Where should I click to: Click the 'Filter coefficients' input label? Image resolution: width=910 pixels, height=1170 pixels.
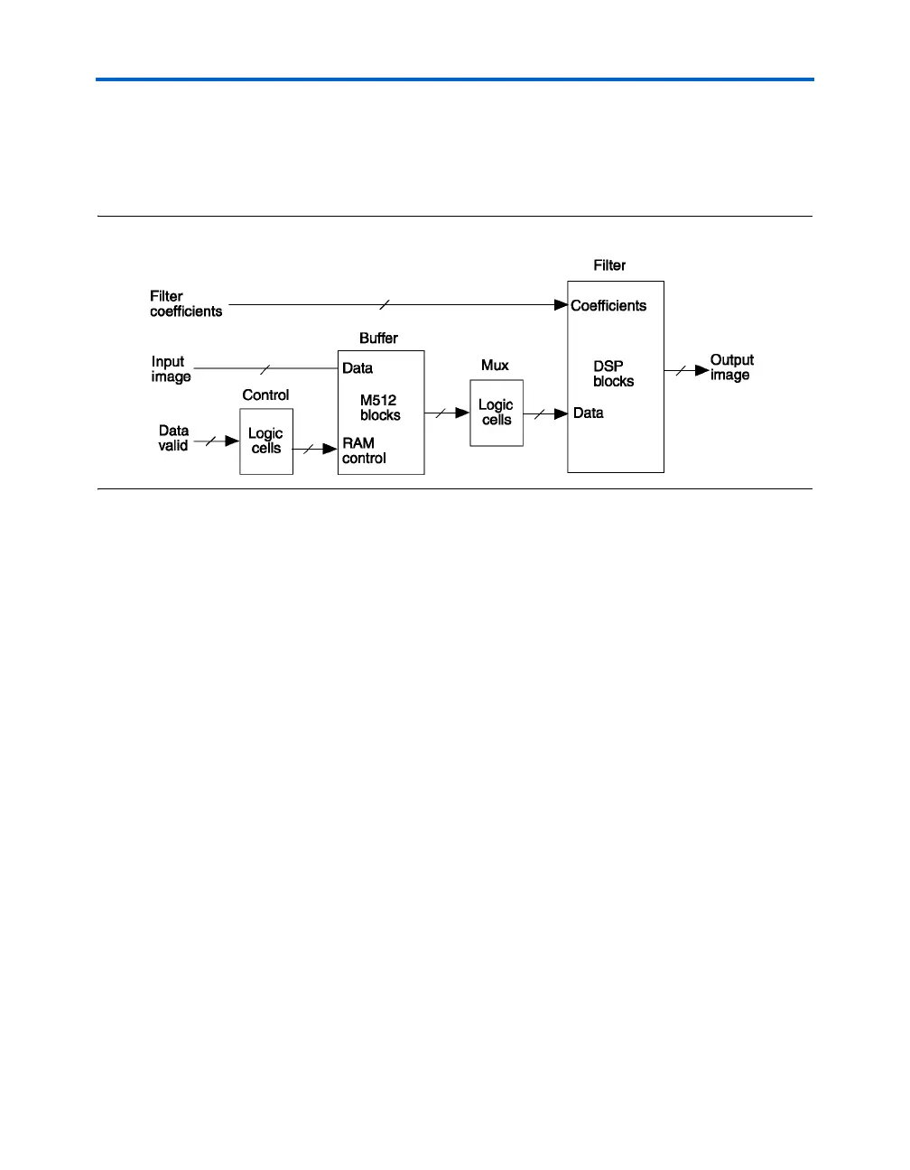point(186,304)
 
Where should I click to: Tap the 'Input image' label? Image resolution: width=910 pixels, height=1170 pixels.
point(171,369)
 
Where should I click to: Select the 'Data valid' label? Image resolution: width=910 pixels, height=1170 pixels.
point(173,438)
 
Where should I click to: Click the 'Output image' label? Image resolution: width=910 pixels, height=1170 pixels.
point(731,367)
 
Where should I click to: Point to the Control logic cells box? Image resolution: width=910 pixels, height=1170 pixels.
point(266,441)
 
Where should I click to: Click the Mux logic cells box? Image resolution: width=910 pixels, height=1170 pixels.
point(497,413)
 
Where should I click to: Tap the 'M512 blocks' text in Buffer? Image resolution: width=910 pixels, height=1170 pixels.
point(380,408)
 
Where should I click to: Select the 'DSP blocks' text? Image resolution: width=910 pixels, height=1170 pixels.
point(614,375)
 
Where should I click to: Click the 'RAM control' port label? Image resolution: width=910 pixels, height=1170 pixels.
point(364,450)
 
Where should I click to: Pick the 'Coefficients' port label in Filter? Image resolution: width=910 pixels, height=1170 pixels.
point(608,306)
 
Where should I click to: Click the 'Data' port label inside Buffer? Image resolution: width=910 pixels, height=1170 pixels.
point(357,368)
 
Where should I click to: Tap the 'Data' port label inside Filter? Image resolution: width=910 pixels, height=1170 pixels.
point(589,413)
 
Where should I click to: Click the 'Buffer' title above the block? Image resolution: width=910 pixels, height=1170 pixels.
point(379,339)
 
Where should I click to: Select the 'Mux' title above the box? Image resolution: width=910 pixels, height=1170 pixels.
point(495,366)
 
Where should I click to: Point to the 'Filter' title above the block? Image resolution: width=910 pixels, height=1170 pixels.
point(609,265)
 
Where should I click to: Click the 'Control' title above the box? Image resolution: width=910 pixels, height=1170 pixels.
point(265,395)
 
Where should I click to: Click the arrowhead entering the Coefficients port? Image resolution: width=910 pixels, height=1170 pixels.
point(561,305)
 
